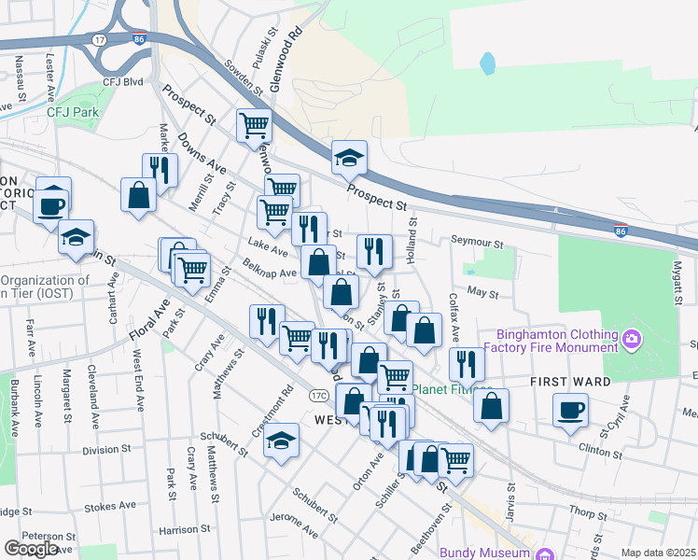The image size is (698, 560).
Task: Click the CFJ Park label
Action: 73,112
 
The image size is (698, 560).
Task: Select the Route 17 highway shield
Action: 99,40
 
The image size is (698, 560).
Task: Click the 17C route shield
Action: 320,396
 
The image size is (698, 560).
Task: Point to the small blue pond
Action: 487,63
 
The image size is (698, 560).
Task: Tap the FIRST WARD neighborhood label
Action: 570,382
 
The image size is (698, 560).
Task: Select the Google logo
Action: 31,549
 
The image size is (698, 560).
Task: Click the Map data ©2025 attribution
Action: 658,553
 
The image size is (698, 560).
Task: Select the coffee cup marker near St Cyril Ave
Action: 570,410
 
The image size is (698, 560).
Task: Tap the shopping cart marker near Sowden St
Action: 254,125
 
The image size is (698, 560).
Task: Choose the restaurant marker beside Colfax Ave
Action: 467,364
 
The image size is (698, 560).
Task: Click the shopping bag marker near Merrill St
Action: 139,196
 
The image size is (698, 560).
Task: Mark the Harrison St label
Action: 178,530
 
